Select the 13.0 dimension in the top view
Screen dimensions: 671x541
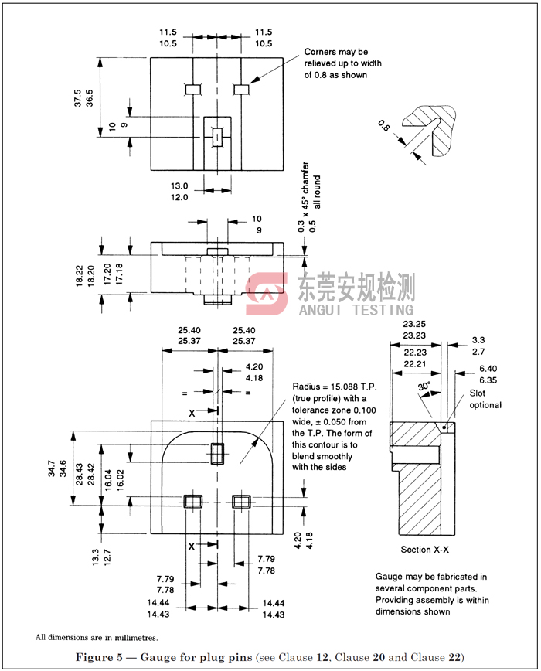click(179, 186)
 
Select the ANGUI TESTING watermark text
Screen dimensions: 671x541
click(356, 309)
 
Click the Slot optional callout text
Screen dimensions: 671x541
click(485, 400)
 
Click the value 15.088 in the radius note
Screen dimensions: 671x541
click(345, 387)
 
